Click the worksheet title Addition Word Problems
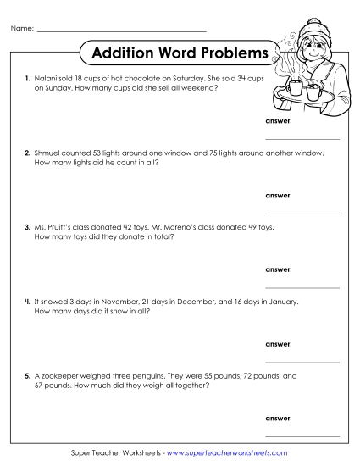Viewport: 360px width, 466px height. click(180, 53)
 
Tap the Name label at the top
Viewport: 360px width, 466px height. click(22, 30)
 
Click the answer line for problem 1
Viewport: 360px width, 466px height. click(302, 136)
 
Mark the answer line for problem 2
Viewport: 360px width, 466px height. click(302, 212)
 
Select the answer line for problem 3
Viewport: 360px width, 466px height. click(302, 286)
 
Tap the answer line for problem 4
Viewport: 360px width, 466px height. click(302, 362)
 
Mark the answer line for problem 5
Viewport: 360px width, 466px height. click(302, 435)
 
